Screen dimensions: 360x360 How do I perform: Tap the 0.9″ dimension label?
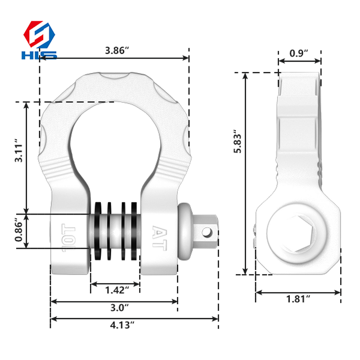299,53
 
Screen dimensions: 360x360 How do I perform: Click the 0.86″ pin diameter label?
18,230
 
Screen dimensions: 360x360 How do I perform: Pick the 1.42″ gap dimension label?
114,290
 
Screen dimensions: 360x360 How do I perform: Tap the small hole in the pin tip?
207,232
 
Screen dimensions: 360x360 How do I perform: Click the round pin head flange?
185,231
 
